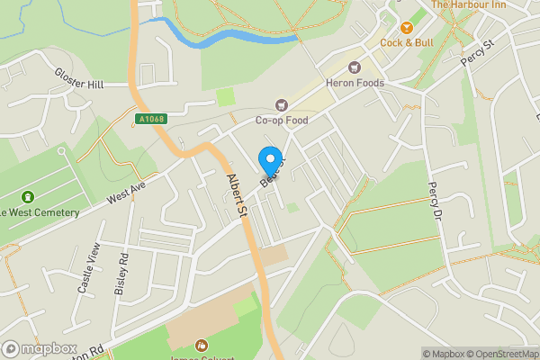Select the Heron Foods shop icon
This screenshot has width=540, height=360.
tap(355, 67)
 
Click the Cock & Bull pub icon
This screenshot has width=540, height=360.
tap(406, 28)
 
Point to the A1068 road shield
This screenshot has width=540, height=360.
tap(150, 119)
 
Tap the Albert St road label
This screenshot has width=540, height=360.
tap(238, 195)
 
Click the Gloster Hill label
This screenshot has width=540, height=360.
tap(79, 84)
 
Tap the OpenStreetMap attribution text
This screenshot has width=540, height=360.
tap(497, 354)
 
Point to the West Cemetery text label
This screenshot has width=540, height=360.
tap(40, 212)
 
